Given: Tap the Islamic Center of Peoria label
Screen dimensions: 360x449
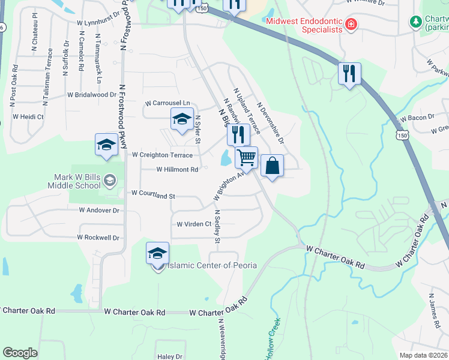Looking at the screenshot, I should click(x=211, y=265).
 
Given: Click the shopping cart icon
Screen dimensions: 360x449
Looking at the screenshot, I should click(x=247, y=158).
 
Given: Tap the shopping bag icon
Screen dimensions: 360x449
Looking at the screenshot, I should click(x=272, y=166).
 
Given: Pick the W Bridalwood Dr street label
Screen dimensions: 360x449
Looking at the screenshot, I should click(x=92, y=95).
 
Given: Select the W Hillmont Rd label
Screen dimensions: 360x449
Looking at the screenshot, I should click(x=177, y=170).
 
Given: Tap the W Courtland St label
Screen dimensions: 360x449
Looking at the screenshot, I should click(x=153, y=196).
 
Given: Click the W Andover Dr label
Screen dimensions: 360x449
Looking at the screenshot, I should click(x=99, y=211).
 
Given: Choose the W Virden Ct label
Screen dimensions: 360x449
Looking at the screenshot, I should click(x=194, y=224).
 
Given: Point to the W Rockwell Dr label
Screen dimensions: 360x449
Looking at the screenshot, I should click(x=98, y=238).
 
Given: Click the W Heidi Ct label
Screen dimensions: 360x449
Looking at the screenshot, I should click(x=28, y=116).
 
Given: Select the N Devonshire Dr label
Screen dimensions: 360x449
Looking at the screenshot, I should click(x=270, y=122).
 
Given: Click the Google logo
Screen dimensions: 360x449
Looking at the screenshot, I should click(x=20, y=353).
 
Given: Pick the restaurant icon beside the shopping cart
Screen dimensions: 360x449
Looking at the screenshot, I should click(x=238, y=134).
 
